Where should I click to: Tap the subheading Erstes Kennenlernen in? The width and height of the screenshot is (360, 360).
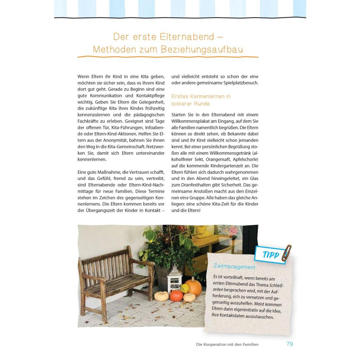click(201, 96)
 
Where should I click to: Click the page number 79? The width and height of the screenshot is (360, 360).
click(289, 344)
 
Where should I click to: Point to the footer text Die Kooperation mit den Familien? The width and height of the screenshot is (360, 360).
click(227, 345)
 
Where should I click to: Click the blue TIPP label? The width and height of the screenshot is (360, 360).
click(271, 255)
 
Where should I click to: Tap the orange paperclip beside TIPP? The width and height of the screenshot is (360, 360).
click(286, 253)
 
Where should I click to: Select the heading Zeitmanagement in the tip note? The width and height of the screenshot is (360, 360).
click(234, 267)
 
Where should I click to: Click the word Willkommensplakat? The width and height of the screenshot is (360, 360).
click(193, 121)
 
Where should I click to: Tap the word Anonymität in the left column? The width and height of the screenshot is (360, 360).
click(110, 140)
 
